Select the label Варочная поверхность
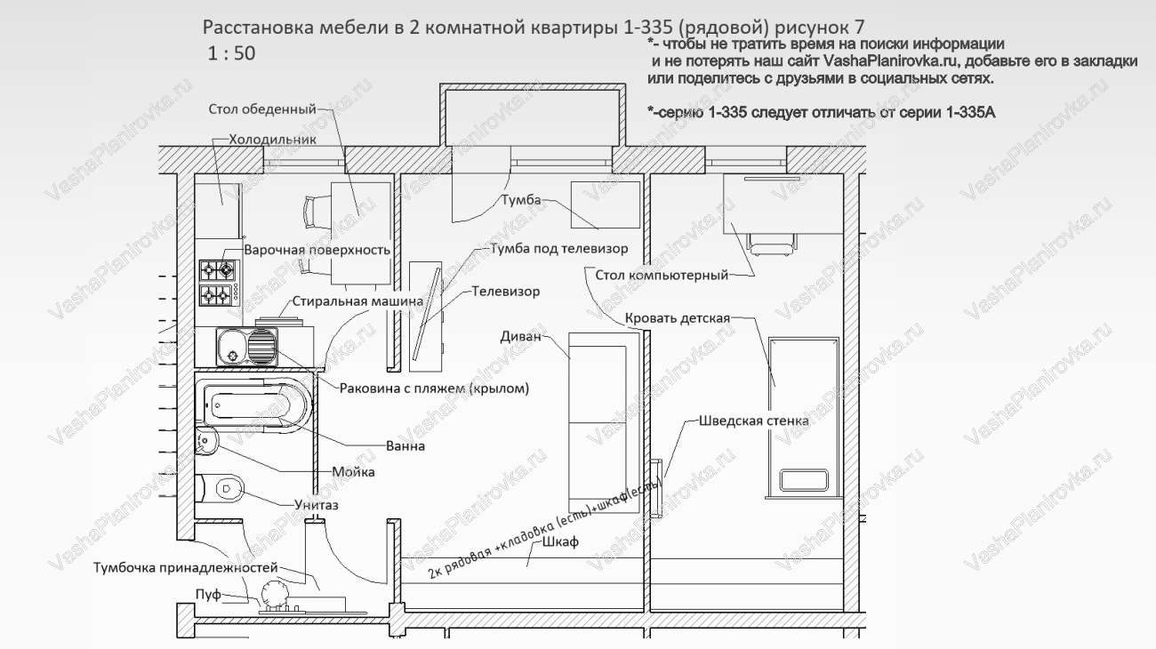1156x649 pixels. [x=317, y=250]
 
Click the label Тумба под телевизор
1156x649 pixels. [x=558, y=248]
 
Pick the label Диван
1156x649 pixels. [x=520, y=337]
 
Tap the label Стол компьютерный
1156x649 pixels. [x=661, y=275]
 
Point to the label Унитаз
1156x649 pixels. [x=316, y=505]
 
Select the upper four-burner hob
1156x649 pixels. [x=219, y=268]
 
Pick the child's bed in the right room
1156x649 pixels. [x=803, y=413]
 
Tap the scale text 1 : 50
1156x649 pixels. [x=231, y=52]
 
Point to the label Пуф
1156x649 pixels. [x=207, y=594]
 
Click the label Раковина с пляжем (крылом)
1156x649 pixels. [x=434, y=388]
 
